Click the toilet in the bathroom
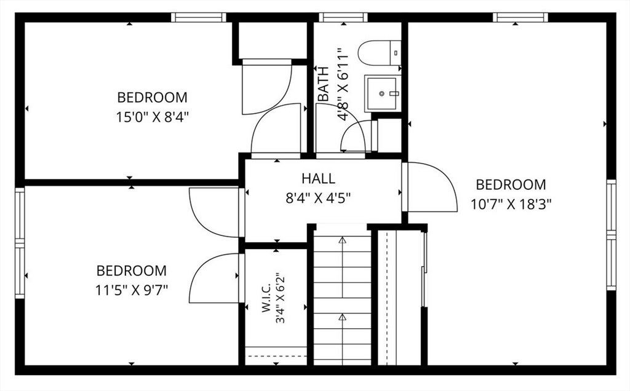[379, 53]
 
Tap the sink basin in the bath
[383, 93]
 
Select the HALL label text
[319, 178]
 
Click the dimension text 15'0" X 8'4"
[153, 117]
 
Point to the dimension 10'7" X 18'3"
[511, 204]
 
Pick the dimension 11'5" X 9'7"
[132, 290]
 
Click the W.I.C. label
[266, 299]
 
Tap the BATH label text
[324, 84]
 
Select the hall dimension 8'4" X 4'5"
[319, 198]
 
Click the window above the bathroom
[343, 17]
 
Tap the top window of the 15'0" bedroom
[199, 17]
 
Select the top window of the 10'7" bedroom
[520, 17]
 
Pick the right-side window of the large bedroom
[611, 235]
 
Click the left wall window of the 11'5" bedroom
[20, 243]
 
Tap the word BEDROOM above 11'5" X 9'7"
[132, 271]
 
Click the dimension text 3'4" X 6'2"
[280, 298]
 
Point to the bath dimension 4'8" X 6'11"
[342, 84]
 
